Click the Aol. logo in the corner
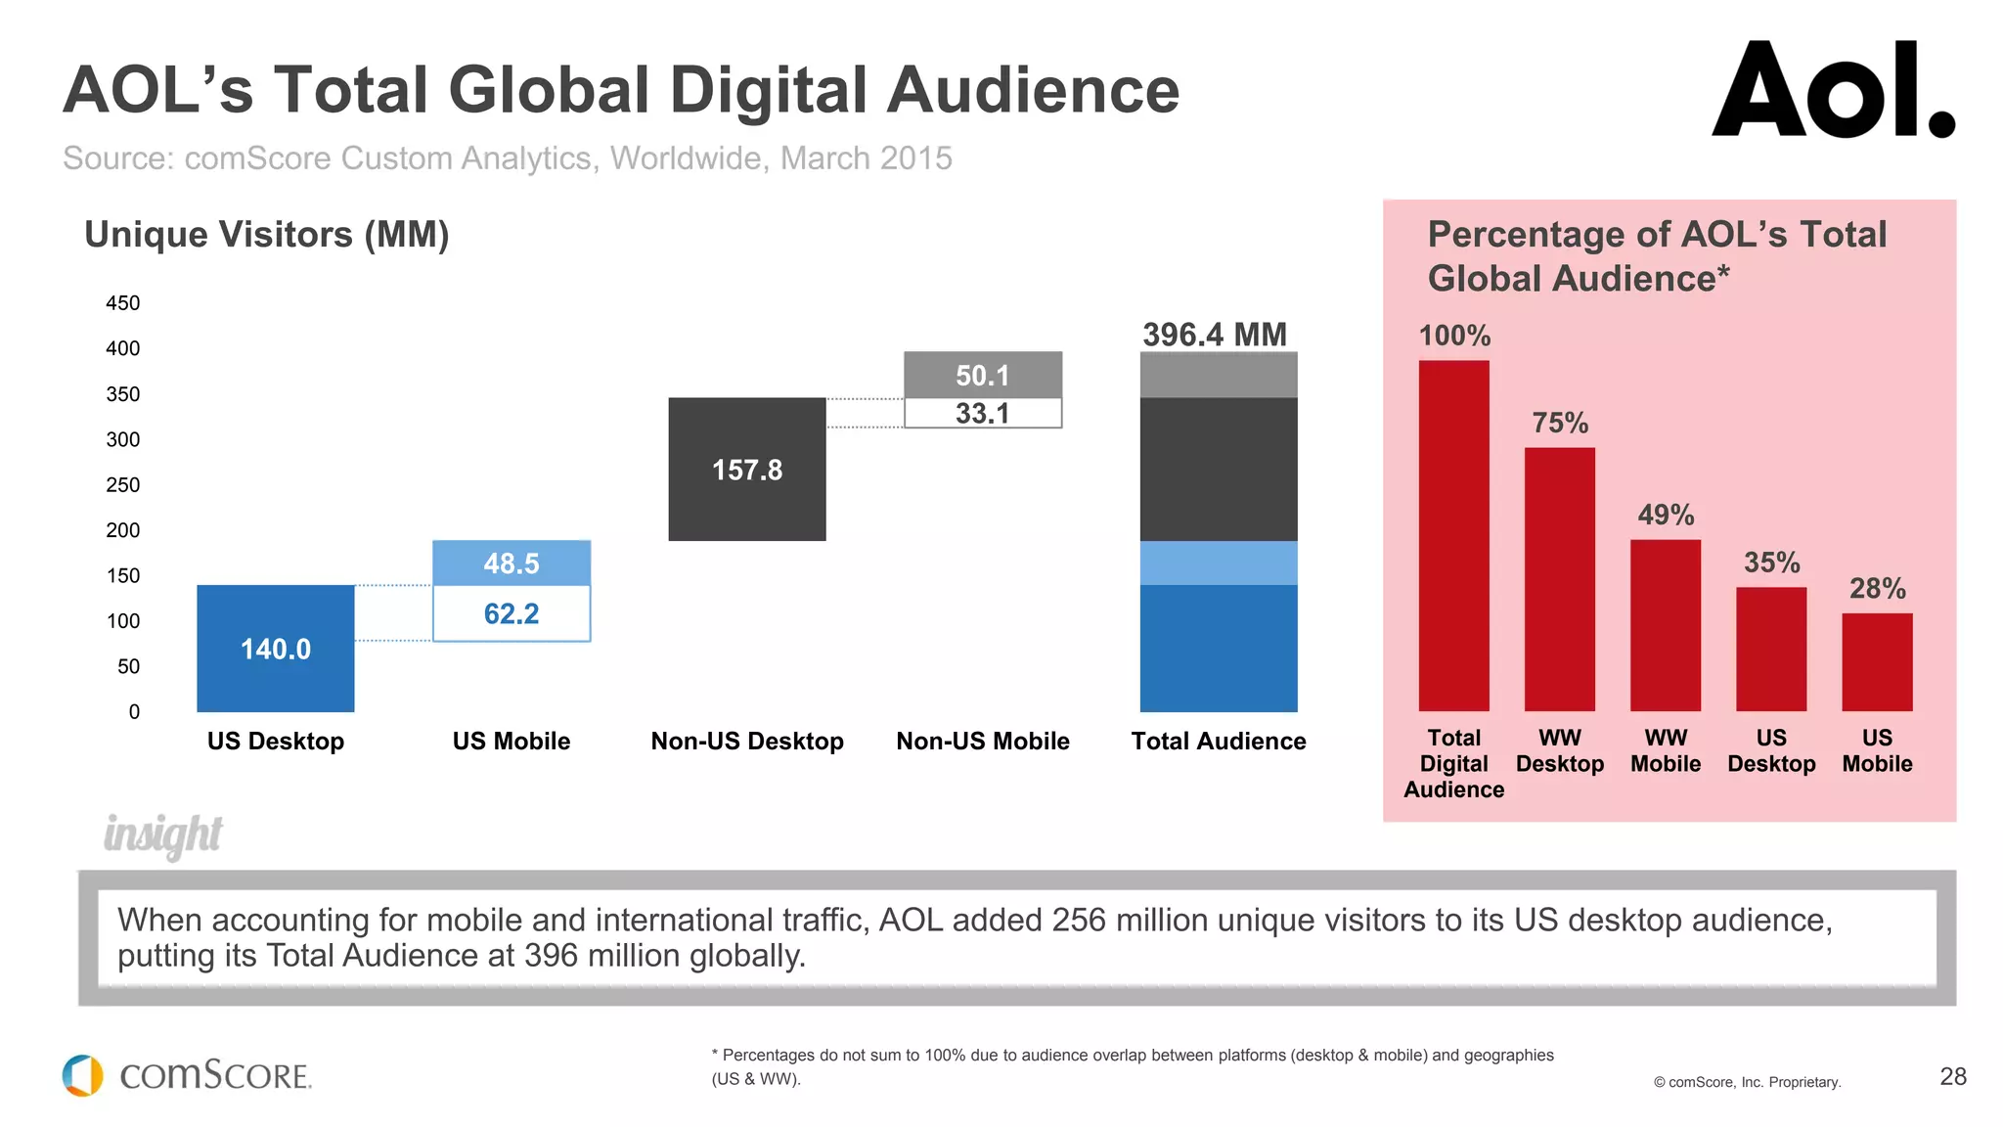click(x=1832, y=90)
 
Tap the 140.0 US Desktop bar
click(x=276, y=649)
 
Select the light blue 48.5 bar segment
click(x=512, y=563)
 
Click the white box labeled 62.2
click(x=512, y=613)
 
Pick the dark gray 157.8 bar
click(x=747, y=470)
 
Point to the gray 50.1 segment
click(x=983, y=375)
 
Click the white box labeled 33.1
click(x=983, y=413)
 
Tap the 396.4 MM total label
click(x=1215, y=335)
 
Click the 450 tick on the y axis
click(x=123, y=303)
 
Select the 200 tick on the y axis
click(x=123, y=530)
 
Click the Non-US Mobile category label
click(x=983, y=742)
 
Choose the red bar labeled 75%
click(x=1559, y=579)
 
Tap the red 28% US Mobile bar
click(x=1876, y=662)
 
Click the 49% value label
click(x=1666, y=515)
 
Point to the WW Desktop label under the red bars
click(x=1559, y=751)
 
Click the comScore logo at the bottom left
click(x=187, y=1075)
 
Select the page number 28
click(x=1952, y=1077)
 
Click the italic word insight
click(x=163, y=834)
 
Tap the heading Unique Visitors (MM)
click(x=267, y=235)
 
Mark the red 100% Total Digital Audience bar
click(x=1453, y=536)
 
